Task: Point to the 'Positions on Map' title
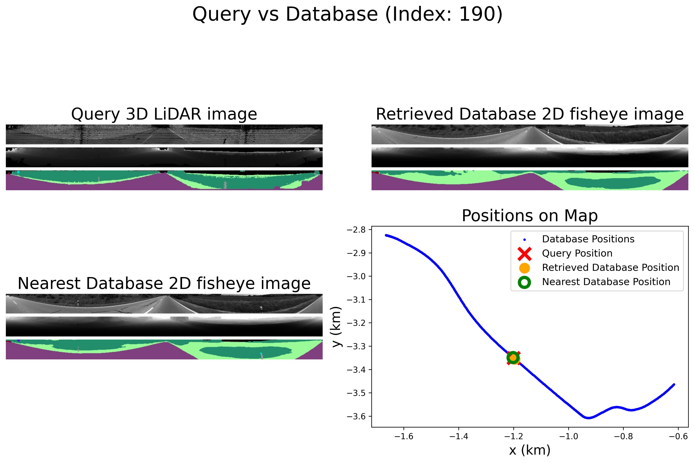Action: [x=530, y=216]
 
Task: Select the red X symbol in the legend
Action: [x=524, y=253]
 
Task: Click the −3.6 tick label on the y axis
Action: [x=356, y=416]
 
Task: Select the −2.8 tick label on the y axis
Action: [x=356, y=230]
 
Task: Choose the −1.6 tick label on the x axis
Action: [x=404, y=436]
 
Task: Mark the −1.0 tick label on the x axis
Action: [x=568, y=436]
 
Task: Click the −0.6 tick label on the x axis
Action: [x=678, y=436]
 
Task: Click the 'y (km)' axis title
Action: [x=337, y=327]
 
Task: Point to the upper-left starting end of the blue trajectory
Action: [x=386, y=235]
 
